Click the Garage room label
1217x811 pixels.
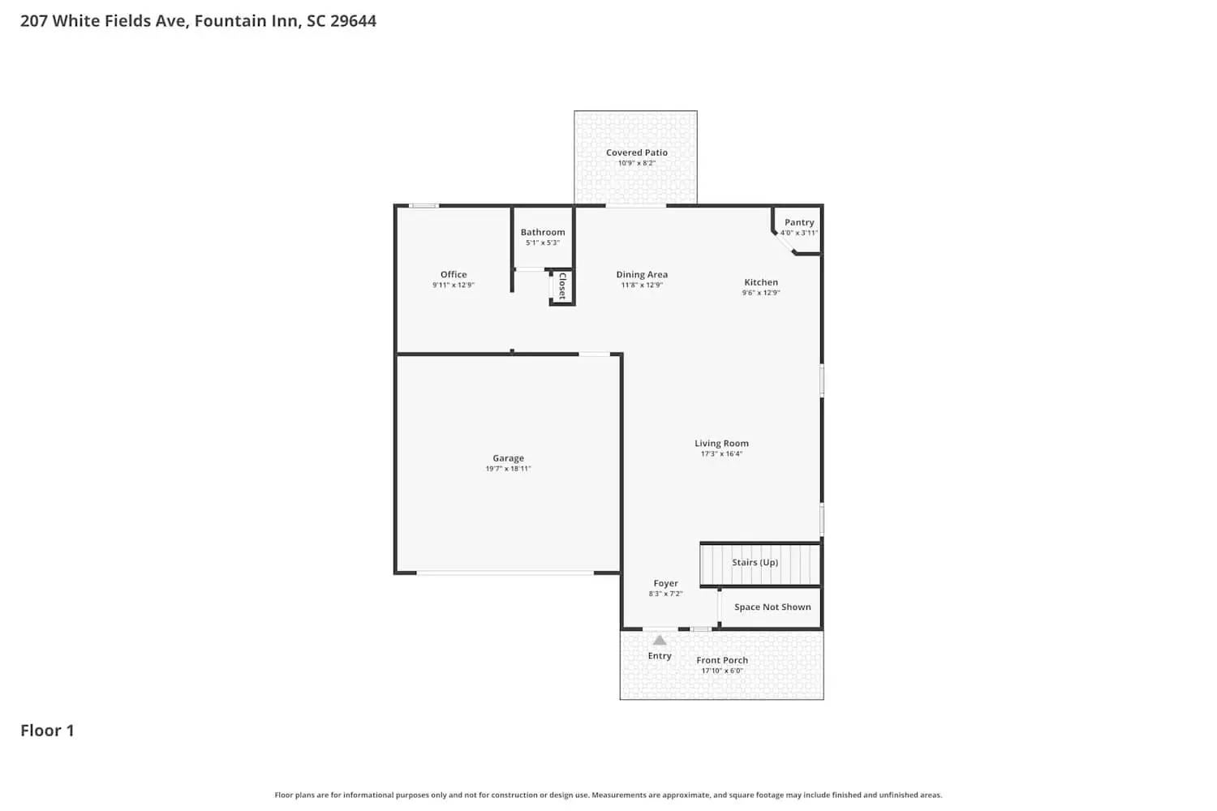click(508, 458)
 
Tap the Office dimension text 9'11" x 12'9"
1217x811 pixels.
click(453, 285)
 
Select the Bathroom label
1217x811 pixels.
click(543, 232)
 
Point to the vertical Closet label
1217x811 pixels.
click(562, 285)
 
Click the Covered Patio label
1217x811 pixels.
click(637, 152)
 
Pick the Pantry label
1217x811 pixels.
click(799, 222)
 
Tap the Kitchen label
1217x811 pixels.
click(761, 282)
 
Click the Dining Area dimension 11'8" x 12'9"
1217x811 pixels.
click(642, 285)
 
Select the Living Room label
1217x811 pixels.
click(721, 444)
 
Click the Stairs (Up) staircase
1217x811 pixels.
click(760, 564)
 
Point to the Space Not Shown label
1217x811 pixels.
click(772, 607)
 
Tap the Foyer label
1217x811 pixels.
click(665, 583)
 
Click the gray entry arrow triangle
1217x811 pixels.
click(660, 641)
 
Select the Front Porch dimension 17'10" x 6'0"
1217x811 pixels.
click(722, 672)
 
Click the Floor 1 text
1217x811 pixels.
click(47, 731)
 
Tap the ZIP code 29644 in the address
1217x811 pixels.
click(353, 21)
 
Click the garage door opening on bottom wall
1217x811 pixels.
click(505, 573)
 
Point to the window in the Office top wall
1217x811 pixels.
click(424, 206)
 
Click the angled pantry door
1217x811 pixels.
click(784, 242)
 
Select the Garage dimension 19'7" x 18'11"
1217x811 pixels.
click(508, 469)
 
